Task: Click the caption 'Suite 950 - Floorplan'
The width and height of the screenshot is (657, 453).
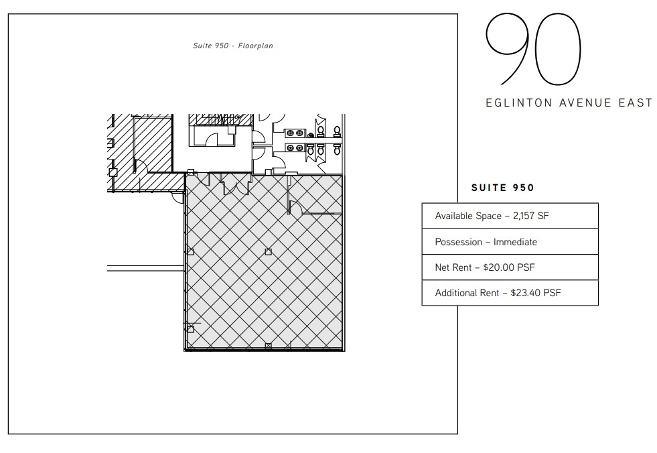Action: (x=232, y=46)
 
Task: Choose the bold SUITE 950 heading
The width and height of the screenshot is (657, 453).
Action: (x=503, y=188)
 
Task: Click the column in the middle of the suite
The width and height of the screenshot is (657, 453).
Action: (x=268, y=252)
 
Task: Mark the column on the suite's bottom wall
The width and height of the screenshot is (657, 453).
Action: (x=268, y=346)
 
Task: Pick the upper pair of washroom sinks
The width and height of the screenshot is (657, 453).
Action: (x=295, y=133)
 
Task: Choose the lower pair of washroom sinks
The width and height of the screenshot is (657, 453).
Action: (x=295, y=147)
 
